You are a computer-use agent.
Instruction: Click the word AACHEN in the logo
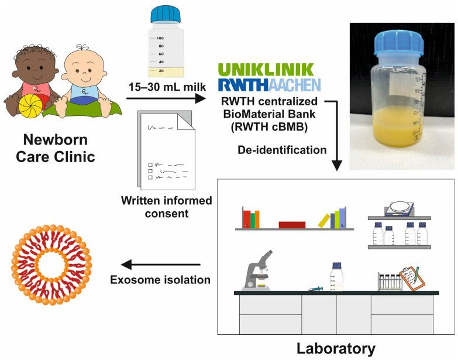(x=294, y=85)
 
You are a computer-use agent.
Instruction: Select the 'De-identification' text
(x=283, y=150)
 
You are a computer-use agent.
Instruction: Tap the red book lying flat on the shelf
(x=292, y=224)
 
